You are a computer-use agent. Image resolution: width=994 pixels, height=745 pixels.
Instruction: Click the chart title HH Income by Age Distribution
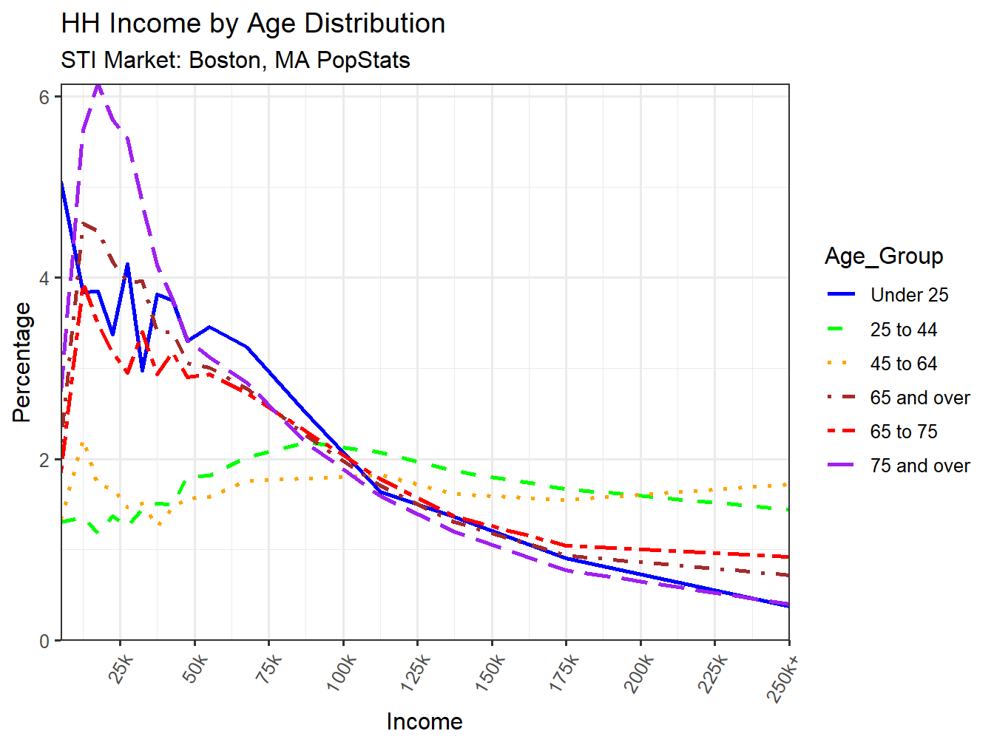(253, 24)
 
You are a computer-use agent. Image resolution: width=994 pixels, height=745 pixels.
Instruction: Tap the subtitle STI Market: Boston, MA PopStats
(235, 60)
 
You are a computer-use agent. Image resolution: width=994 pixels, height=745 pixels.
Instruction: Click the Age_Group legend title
(884, 256)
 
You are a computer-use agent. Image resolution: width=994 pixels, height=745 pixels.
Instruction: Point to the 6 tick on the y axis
(45, 97)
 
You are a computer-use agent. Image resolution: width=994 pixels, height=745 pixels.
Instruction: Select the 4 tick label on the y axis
(45, 279)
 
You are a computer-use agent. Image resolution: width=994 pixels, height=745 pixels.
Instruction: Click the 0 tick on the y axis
(45, 641)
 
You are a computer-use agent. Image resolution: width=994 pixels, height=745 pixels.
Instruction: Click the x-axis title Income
(425, 721)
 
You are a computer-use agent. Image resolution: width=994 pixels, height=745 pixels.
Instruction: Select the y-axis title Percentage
(21, 362)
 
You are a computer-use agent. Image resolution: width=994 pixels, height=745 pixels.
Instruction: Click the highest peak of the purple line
(98, 86)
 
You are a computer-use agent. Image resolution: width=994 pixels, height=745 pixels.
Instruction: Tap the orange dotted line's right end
(788, 483)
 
